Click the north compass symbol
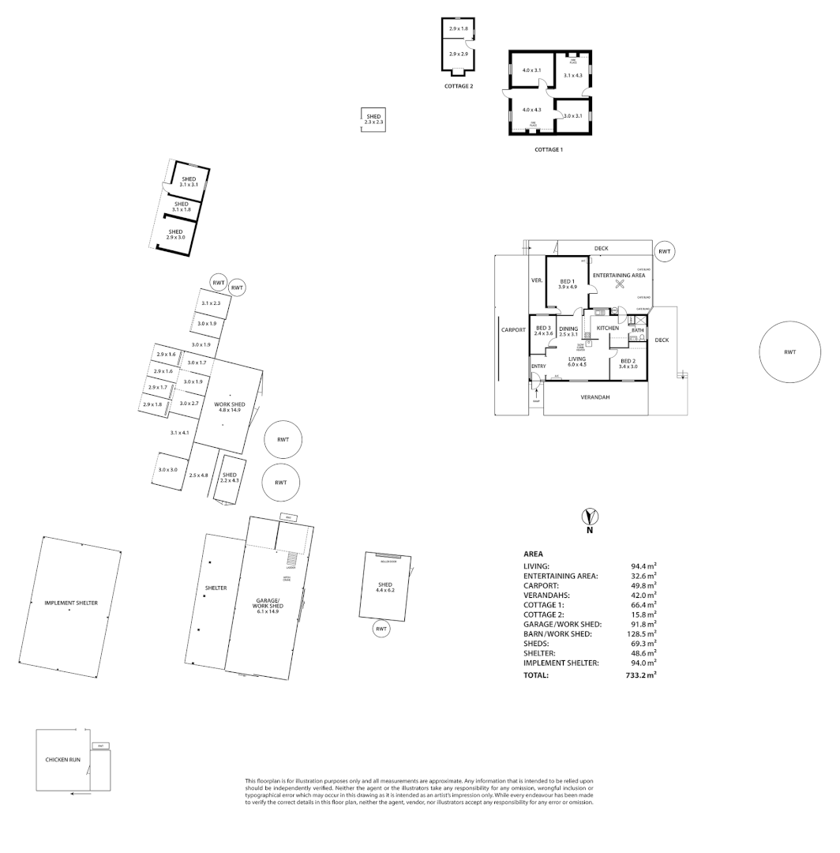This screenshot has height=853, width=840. tap(588, 519)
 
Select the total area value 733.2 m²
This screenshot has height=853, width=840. tap(641, 676)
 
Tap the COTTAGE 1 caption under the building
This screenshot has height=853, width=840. tap(548, 149)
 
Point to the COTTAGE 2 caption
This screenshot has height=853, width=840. tap(459, 86)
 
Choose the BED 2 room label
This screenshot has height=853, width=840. tap(628, 363)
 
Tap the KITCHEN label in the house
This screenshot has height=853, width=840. tap(607, 328)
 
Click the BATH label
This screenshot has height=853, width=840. tap(637, 330)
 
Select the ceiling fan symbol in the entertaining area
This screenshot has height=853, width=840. tap(620, 285)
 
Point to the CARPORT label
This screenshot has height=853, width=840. tap(513, 330)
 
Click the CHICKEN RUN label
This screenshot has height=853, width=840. tap(62, 760)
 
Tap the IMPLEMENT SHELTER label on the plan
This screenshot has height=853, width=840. tap(71, 603)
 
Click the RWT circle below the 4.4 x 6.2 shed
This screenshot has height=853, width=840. tap(381, 629)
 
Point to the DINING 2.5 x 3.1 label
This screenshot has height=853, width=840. tap(568, 331)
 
